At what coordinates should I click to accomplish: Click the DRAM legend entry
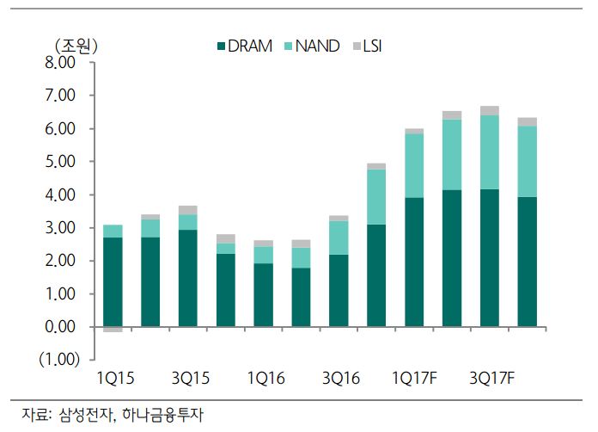(250, 46)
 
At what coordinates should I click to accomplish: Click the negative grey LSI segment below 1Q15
(112, 330)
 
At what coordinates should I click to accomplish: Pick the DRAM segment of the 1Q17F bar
(413, 262)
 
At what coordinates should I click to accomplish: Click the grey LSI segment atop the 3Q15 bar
(187, 210)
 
